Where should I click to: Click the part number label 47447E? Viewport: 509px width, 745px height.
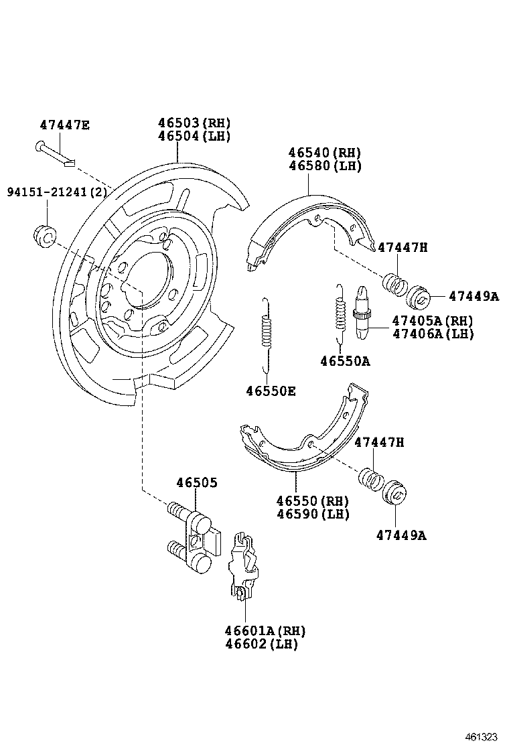click(x=64, y=124)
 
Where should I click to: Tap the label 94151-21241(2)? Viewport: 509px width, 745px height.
click(x=57, y=192)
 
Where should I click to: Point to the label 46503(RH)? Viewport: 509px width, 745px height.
click(x=194, y=123)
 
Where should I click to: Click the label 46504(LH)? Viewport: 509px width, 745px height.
click(x=194, y=135)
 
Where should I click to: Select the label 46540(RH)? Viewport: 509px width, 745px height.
click(x=325, y=153)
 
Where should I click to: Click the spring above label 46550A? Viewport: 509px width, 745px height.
click(x=340, y=312)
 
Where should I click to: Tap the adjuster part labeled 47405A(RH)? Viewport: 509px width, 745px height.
click(x=362, y=312)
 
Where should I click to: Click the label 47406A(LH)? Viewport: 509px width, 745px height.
click(x=433, y=333)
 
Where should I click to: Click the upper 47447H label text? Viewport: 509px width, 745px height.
click(x=402, y=247)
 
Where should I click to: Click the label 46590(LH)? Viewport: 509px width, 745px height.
click(x=312, y=514)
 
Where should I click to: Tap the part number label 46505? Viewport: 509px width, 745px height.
click(x=197, y=482)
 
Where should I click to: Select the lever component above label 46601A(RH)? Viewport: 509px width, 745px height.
click(x=243, y=567)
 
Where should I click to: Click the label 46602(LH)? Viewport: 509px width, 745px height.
click(x=261, y=644)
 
